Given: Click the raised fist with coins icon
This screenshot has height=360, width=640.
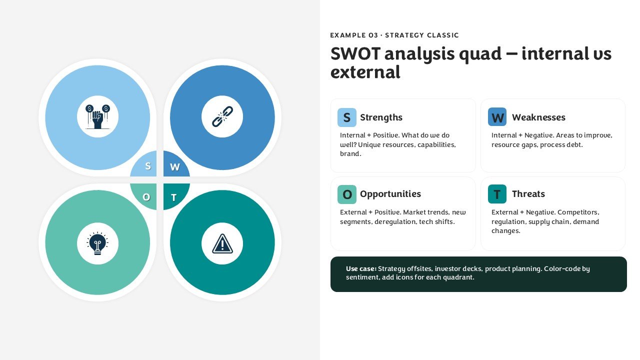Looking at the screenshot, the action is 97,116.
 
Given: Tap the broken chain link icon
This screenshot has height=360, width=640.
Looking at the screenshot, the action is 222,116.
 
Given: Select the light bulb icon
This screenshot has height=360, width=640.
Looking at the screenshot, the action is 97,243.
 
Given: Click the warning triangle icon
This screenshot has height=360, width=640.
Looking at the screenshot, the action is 222,243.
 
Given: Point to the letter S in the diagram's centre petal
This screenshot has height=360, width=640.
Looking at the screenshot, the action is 147,166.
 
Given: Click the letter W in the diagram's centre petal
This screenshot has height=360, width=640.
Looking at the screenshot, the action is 175,167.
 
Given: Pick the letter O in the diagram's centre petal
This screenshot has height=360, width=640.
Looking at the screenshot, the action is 146,197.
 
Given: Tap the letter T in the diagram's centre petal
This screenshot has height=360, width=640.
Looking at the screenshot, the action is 173,197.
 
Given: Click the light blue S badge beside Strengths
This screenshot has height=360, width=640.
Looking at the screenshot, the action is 347,117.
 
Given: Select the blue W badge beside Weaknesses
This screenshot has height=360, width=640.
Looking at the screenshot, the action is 497,117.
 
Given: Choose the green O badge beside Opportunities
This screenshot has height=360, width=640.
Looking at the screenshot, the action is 347,194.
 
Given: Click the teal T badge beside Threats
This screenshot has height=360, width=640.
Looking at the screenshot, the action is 497,194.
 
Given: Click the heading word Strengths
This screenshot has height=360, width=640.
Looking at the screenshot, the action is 381,117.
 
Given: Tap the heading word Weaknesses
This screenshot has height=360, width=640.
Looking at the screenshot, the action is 538,117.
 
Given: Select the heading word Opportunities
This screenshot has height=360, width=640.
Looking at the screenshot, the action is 390,194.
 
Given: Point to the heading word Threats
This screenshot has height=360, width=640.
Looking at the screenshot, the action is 528,194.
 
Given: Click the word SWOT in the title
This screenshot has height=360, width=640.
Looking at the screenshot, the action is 355,53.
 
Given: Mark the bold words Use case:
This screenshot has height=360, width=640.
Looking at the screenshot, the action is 361,268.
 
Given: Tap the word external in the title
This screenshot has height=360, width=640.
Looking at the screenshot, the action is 365,72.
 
